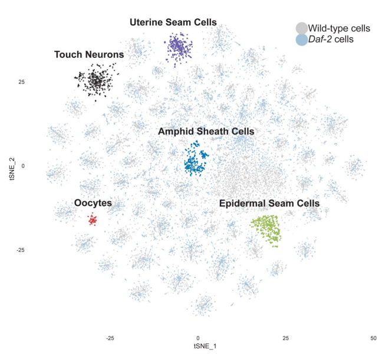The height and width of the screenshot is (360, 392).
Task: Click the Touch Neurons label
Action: pos(89,55)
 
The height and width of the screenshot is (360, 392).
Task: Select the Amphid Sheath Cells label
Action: pos(206,132)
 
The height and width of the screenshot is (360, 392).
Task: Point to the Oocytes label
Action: pos(93,203)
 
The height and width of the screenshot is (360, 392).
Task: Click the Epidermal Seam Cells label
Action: pos(269,204)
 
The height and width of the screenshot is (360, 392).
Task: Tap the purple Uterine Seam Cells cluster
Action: pos(179,45)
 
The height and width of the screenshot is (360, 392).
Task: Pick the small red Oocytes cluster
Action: pos(92,220)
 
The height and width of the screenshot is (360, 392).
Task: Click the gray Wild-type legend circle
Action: pos(301,28)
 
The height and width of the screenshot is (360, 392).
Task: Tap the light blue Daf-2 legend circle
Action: pos(301,40)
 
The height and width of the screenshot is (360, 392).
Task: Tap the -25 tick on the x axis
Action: pos(110,339)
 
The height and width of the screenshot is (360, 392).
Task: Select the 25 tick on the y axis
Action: pos(20,81)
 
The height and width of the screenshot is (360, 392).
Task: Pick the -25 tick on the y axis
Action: pos(19,250)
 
